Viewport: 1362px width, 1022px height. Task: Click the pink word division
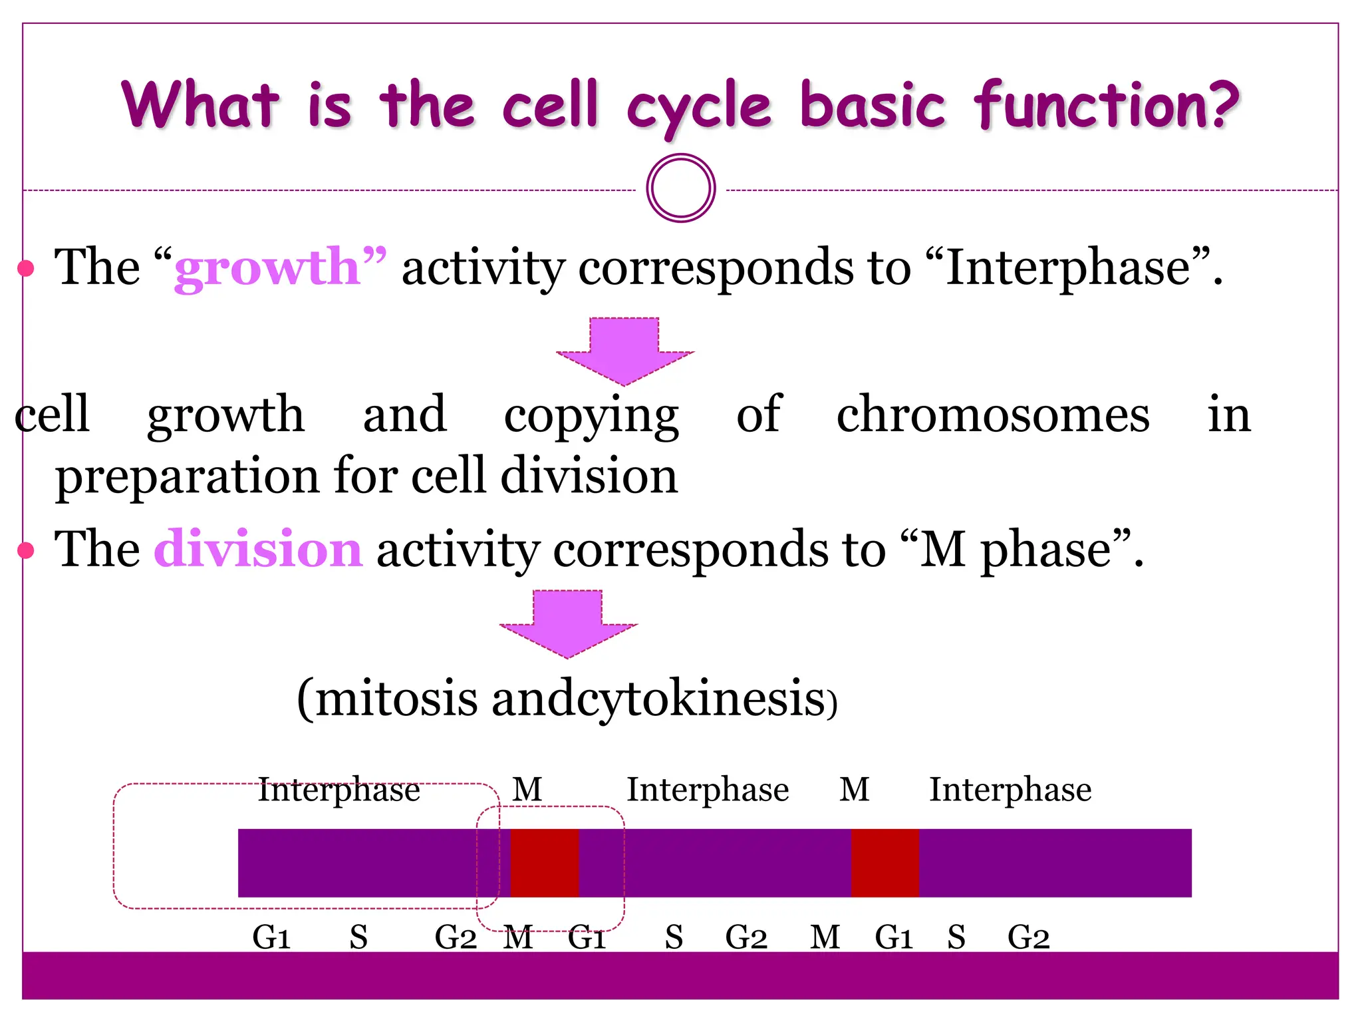point(258,550)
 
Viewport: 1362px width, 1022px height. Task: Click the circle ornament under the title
point(680,188)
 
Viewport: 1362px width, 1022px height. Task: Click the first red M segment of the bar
point(544,863)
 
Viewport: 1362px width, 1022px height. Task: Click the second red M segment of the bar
point(885,863)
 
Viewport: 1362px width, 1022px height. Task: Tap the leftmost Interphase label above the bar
point(339,790)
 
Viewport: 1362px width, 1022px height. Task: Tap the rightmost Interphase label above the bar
point(1010,790)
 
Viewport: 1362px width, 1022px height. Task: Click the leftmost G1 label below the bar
point(271,937)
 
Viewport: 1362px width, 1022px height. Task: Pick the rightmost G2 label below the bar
point(1028,937)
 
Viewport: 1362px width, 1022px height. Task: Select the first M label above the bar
point(527,790)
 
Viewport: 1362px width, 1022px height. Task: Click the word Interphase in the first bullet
point(1067,268)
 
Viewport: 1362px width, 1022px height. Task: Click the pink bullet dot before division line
point(26,550)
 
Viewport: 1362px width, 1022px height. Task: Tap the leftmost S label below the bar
point(358,937)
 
